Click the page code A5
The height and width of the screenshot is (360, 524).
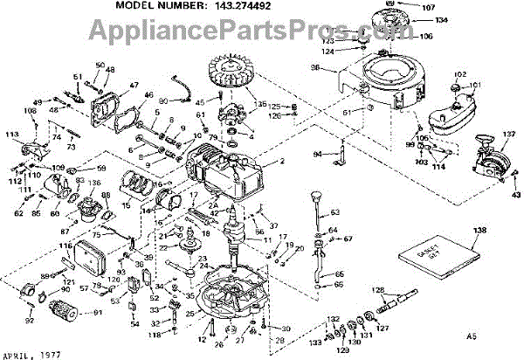pyautogui.click(x=472, y=335)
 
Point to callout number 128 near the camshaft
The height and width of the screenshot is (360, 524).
pyautogui.click(x=378, y=290)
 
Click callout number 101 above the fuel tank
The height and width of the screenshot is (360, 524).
pyautogui.click(x=476, y=86)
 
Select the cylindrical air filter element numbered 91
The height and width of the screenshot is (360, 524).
pyautogui.click(x=65, y=310)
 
